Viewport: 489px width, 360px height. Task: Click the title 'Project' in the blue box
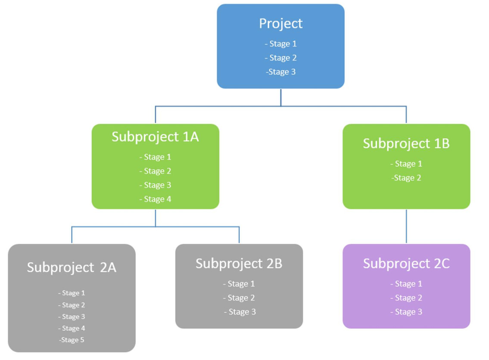click(280, 23)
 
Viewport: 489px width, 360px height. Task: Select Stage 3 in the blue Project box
click(281, 72)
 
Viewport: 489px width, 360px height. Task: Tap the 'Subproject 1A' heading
click(155, 137)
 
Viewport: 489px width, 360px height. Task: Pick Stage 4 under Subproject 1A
click(155, 199)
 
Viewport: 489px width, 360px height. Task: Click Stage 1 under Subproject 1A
click(155, 157)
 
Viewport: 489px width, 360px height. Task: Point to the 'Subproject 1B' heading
click(406, 143)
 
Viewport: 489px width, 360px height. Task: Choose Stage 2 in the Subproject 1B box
click(406, 178)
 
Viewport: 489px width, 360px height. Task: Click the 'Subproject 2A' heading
click(72, 267)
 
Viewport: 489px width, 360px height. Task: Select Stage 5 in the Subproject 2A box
click(72, 340)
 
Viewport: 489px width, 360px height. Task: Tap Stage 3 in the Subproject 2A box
click(72, 317)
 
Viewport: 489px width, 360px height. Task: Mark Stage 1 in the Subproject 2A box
click(72, 293)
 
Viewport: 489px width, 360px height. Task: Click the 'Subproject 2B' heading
click(239, 264)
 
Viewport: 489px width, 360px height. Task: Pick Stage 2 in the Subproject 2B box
click(239, 298)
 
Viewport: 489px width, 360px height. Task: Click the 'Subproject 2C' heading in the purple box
click(406, 264)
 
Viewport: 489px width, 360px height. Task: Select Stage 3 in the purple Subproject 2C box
click(406, 312)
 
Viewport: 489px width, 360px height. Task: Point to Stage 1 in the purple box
click(406, 284)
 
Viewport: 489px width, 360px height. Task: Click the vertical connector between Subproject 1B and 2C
click(406, 227)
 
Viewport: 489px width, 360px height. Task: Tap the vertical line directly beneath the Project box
click(281, 97)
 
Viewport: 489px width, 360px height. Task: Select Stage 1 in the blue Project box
click(281, 44)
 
